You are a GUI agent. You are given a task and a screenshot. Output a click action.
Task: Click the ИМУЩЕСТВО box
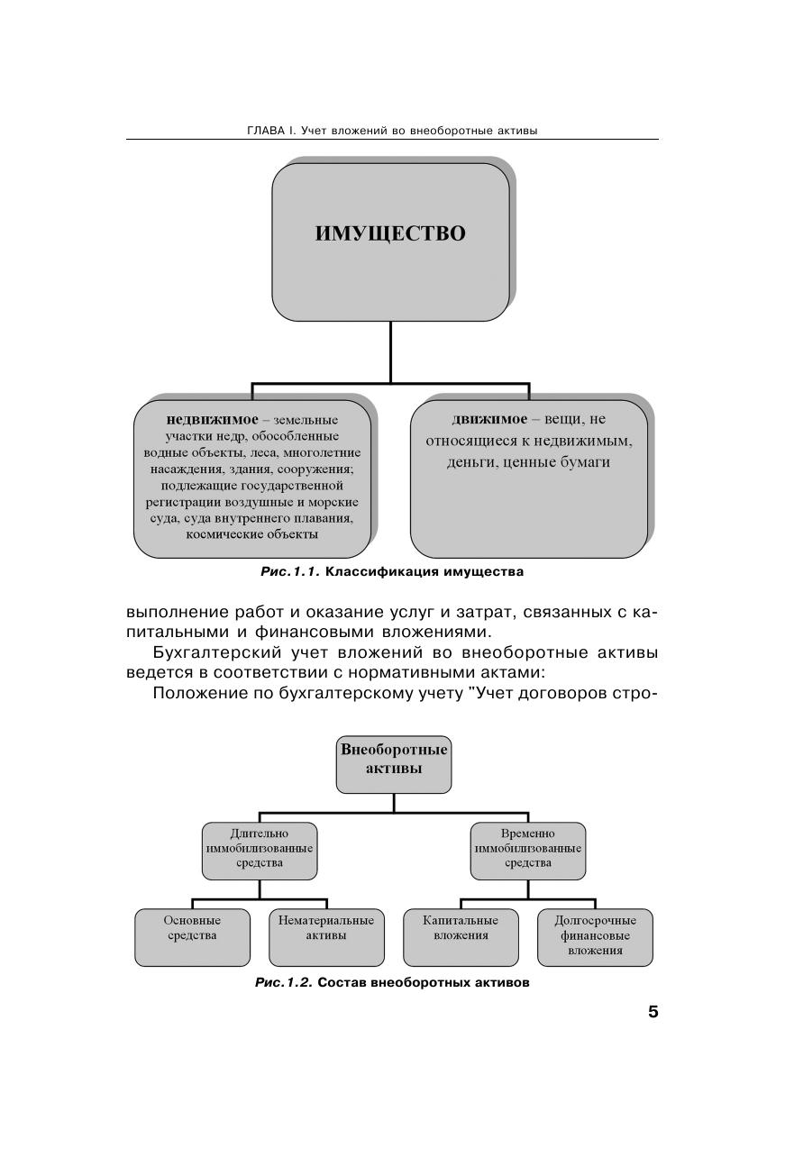click(390, 241)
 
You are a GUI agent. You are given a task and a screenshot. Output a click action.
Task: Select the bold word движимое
click(489, 419)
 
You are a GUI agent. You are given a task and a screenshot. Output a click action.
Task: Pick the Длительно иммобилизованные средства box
click(260, 850)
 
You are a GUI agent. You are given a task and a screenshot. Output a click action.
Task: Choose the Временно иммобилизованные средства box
click(528, 850)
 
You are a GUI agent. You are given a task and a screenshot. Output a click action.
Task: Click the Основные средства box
click(192, 936)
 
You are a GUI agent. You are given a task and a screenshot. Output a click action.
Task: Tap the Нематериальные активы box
click(326, 936)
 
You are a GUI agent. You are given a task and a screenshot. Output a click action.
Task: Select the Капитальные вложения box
click(461, 936)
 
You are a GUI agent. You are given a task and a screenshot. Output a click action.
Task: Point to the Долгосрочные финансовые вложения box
click(595, 936)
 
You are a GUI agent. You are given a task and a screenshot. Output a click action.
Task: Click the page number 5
click(653, 1011)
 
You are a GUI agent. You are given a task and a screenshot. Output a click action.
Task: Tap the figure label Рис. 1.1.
click(290, 571)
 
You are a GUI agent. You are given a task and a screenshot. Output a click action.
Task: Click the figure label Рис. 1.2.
click(284, 982)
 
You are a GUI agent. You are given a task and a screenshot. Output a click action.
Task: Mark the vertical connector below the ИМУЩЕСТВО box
click(390, 351)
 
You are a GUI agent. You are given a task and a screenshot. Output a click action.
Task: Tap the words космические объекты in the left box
click(252, 533)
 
